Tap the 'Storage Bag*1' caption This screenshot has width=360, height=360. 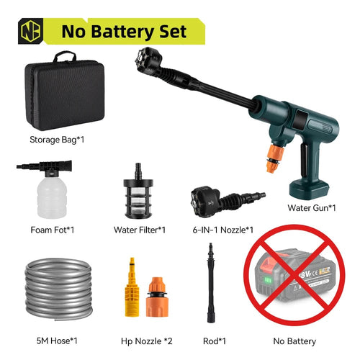coord(56,139)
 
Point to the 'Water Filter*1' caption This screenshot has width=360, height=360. coord(140,230)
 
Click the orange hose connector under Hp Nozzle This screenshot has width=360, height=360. coord(159,297)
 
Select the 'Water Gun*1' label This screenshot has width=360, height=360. coord(312,208)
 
